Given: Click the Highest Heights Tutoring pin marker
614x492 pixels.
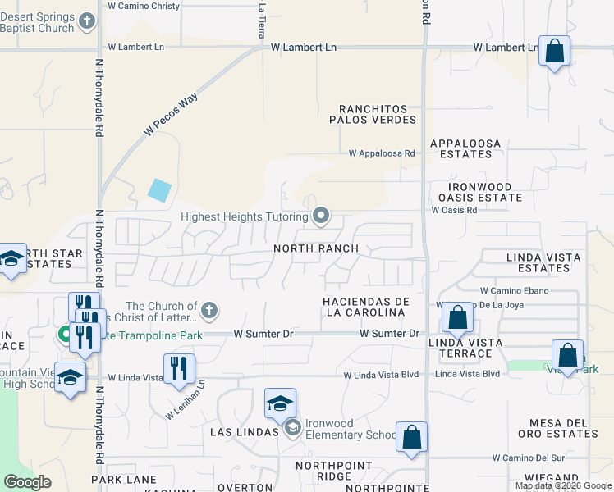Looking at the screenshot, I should pos(321,216).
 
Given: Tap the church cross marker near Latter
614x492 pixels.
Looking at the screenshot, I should pos(209,311).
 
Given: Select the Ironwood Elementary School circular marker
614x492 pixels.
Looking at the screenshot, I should pos(292,427).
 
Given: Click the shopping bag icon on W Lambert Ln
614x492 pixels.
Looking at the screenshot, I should pos(555,51).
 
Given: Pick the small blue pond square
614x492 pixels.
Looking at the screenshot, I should pos(160,190).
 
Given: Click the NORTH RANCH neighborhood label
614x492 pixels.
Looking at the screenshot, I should pos(316,248).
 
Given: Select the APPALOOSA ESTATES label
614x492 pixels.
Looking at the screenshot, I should pos(465,148).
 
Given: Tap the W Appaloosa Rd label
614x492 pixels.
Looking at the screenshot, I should pos(382,153).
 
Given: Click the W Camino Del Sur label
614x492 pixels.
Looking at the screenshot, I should pos(529,458).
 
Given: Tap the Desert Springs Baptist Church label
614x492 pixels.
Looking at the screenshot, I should pos(49,22).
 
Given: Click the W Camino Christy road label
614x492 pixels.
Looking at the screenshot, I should pos(144,6).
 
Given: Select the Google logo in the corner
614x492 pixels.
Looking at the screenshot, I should pos(27,482).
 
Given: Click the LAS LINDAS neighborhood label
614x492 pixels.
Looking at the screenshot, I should pos(244,431).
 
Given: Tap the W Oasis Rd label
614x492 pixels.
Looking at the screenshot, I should pos(454,210).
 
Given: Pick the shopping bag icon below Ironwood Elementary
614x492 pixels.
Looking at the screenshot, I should pos(411,437).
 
